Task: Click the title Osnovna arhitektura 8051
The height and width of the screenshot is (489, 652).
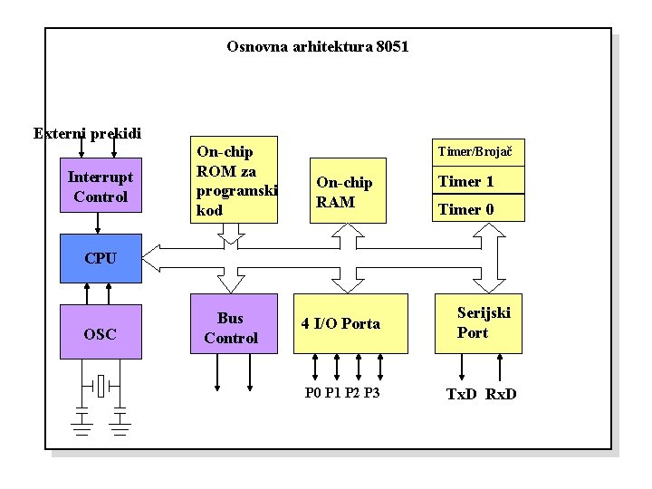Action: coord(317,45)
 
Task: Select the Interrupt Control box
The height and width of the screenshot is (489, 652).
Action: coord(101,187)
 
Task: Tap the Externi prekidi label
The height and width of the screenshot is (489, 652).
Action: coord(87,133)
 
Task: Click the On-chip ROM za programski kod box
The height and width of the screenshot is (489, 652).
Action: coord(236,180)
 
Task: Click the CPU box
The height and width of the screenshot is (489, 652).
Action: coord(101,257)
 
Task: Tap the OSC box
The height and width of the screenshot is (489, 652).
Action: coord(101,333)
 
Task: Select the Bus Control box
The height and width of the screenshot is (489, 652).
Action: coord(231,328)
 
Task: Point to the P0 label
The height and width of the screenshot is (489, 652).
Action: coord(313,393)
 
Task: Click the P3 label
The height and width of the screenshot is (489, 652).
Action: coord(371,393)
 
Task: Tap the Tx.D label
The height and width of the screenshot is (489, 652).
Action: coord(463,394)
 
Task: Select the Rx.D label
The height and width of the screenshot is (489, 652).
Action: coord(501,394)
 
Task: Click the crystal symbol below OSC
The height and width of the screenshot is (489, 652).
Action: coord(101,386)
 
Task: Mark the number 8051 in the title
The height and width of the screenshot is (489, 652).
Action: coord(391,45)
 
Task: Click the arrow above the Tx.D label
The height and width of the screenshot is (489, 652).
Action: coord(463,368)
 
